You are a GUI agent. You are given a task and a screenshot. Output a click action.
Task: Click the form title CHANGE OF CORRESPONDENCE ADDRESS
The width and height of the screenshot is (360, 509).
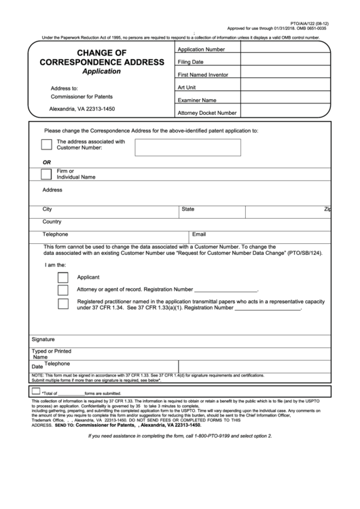101,57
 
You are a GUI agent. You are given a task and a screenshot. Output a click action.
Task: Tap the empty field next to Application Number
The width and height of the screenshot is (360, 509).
285,50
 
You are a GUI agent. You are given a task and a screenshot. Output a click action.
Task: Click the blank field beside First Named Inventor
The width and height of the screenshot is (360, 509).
285,74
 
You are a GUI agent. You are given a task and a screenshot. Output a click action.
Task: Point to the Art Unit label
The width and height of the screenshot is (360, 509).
187,87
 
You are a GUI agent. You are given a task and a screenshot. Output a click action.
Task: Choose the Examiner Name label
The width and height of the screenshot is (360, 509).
197,100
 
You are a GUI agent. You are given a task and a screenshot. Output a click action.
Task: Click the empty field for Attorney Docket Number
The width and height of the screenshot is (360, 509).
285,112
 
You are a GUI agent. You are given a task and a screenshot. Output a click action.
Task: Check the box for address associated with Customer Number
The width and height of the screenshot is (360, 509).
46,144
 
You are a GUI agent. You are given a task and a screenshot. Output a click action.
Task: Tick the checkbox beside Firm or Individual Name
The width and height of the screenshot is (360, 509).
46,174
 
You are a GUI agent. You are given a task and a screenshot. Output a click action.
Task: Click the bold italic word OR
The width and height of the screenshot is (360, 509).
47,162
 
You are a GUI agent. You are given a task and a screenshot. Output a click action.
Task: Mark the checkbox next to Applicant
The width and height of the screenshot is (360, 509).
63,277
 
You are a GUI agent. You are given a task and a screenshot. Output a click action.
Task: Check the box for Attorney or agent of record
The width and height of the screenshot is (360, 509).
63,289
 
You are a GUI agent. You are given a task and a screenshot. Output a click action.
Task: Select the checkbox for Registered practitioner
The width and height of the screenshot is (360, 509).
63,304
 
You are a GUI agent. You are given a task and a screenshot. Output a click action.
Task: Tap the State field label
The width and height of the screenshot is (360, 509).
188,209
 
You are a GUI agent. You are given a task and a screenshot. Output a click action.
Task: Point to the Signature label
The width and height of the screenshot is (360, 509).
43,338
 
